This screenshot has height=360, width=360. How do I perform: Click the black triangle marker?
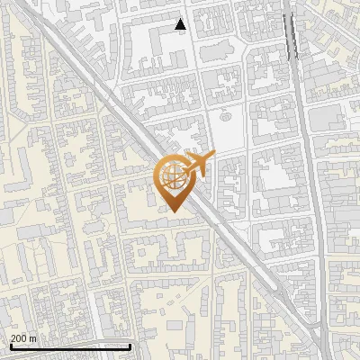click(x=181, y=24)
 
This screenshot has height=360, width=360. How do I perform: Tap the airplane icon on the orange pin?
click(x=196, y=164)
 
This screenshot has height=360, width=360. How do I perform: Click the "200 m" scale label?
click(x=23, y=338)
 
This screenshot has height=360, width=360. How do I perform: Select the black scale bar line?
click(x=70, y=346)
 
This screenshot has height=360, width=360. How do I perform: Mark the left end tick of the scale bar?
click(x=11, y=346)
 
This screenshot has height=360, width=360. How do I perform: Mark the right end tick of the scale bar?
click(x=130, y=346)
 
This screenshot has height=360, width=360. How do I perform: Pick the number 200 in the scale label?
click(x=19, y=338)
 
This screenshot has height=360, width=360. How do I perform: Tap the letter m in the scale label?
click(x=33, y=338)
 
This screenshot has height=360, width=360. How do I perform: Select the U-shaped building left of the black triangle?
click(x=148, y=45)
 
